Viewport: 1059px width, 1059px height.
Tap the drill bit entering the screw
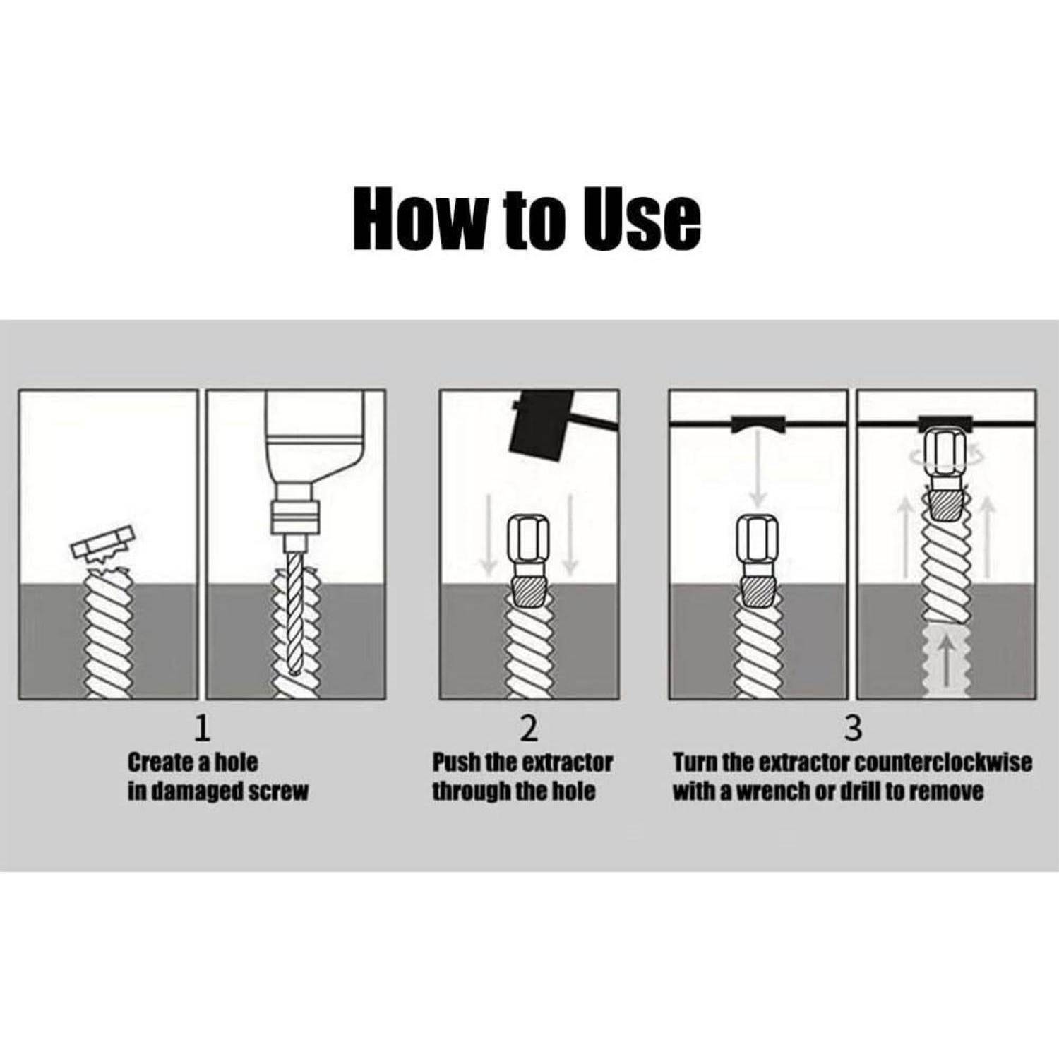point(295,614)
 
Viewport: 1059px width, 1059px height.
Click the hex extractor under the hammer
point(528,561)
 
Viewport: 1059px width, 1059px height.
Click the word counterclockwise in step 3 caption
point(943,762)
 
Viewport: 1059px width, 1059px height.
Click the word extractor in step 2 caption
point(568,762)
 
